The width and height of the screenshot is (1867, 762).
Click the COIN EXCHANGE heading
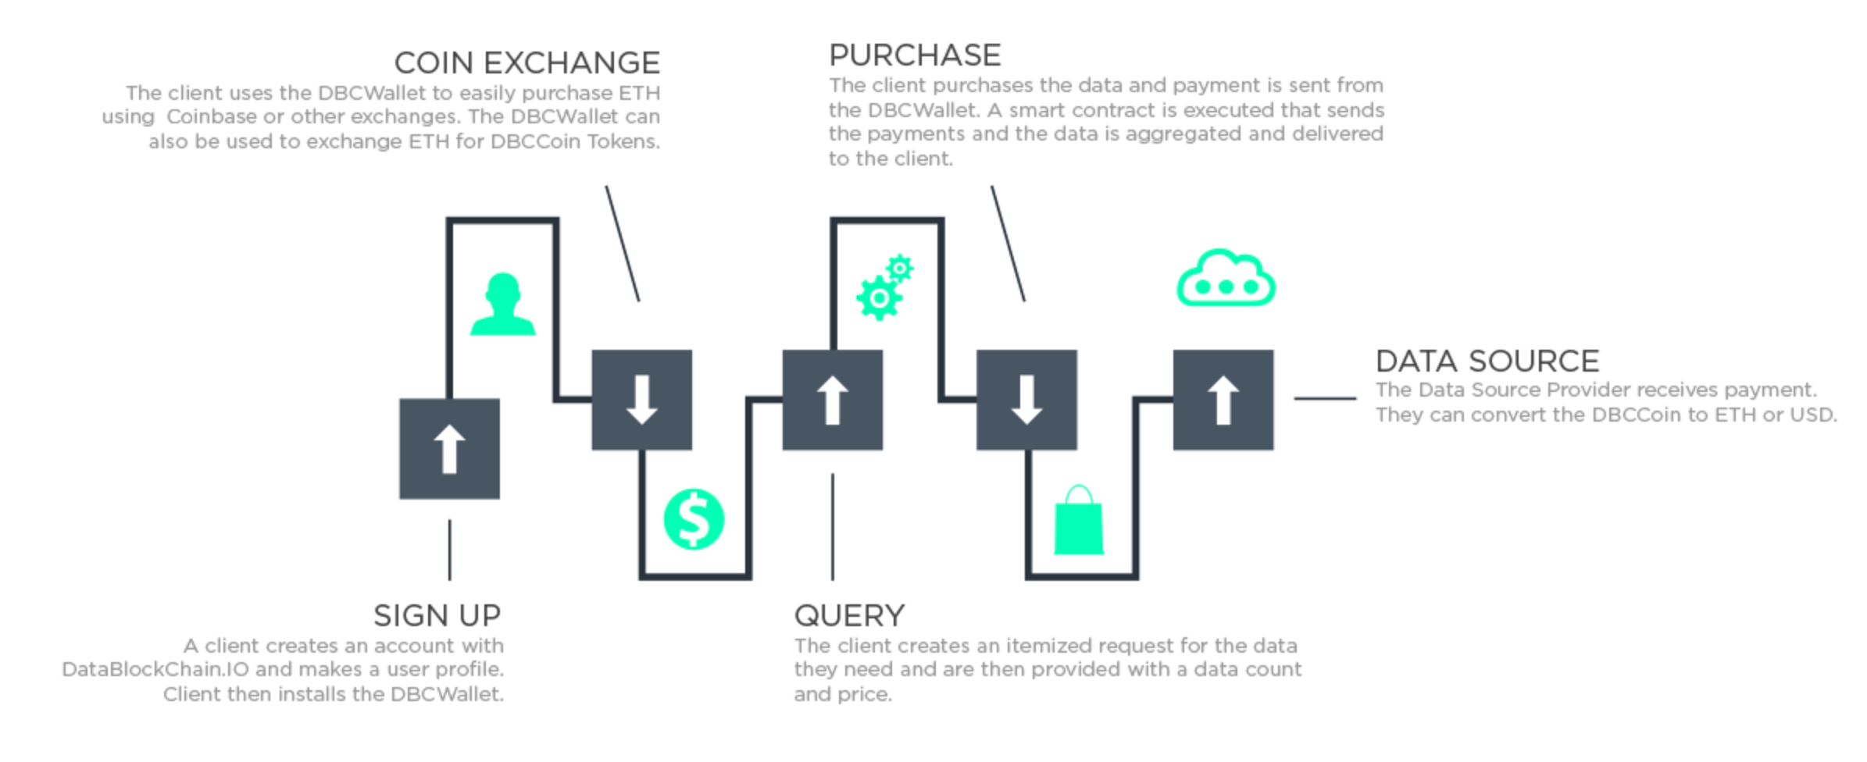tap(527, 62)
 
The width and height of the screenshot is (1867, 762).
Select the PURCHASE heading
tap(915, 55)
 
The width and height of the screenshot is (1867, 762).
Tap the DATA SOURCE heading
tap(1487, 361)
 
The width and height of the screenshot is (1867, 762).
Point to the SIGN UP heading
tap(437, 615)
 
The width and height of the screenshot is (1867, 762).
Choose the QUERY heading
tap(849, 616)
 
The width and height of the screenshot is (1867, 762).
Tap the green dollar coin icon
tap(694, 519)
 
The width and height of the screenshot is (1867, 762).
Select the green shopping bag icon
tap(1079, 520)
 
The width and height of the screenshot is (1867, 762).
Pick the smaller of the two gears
tap(900, 269)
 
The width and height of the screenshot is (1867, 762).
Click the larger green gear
tap(879, 297)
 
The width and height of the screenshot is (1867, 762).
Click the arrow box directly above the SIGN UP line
tap(449, 449)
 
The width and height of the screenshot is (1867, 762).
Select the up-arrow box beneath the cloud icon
tap(1223, 400)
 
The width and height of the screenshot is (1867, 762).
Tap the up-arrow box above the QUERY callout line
tap(833, 400)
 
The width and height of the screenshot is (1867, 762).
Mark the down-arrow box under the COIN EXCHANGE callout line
tap(641, 400)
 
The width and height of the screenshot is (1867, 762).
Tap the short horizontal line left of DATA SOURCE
tap(1325, 398)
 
